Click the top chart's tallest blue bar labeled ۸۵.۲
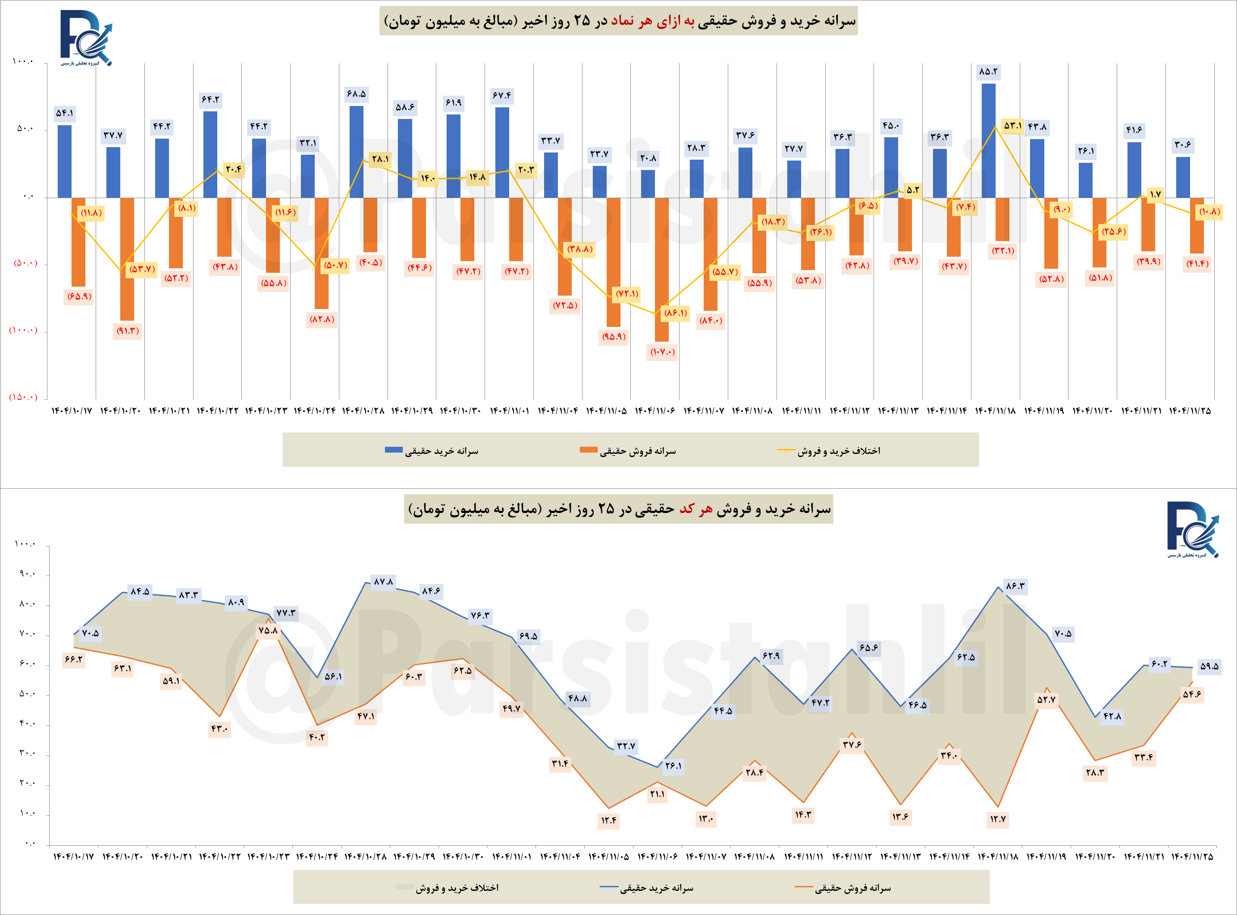(988, 140)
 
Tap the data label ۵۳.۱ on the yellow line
(1013, 126)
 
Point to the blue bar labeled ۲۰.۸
(647, 184)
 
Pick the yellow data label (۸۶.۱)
(675, 313)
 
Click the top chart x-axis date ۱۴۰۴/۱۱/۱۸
(995, 411)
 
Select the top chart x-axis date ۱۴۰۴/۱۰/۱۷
(72, 411)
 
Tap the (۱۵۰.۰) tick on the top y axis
(23, 397)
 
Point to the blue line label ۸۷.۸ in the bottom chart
(383, 581)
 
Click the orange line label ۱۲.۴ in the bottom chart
(608, 820)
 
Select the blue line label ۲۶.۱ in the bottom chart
(673, 766)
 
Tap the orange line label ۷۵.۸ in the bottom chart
(268, 630)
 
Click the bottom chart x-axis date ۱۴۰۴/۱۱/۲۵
(1191, 857)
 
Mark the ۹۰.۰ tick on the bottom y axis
(26, 574)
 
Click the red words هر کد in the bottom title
(696, 509)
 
